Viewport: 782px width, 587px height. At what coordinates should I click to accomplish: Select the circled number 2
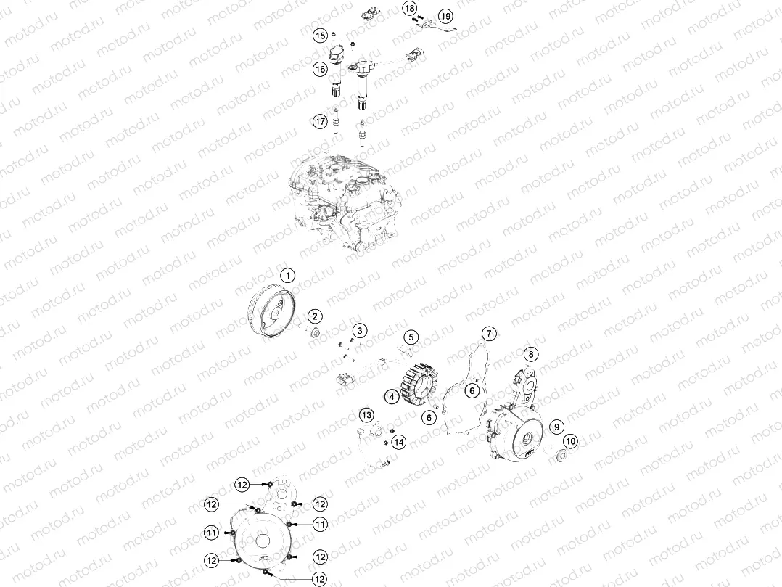[x=315, y=316]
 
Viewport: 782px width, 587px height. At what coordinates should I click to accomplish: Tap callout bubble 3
[x=359, y=330]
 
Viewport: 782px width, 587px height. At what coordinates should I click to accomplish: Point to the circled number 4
[x=391, y=397]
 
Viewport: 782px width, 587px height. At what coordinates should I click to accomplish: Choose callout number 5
[x=411, y=337]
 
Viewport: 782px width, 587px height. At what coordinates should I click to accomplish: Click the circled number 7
[x=490, y=333]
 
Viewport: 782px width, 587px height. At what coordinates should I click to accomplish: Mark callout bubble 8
[x=532, y=354]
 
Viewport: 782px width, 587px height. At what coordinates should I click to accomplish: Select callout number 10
[x=571, y=440]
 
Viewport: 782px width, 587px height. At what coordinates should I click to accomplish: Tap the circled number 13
[x=367, y=415]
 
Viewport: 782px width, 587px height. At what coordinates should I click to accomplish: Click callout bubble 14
[x=399, y=441]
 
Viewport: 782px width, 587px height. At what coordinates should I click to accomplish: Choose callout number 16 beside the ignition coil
[x=320, y=70]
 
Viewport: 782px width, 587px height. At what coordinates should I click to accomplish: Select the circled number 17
[x=320, y=122]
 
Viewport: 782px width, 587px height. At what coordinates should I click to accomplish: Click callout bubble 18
[x=411, y=8]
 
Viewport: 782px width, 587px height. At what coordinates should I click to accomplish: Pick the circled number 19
[x=445, y=15]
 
